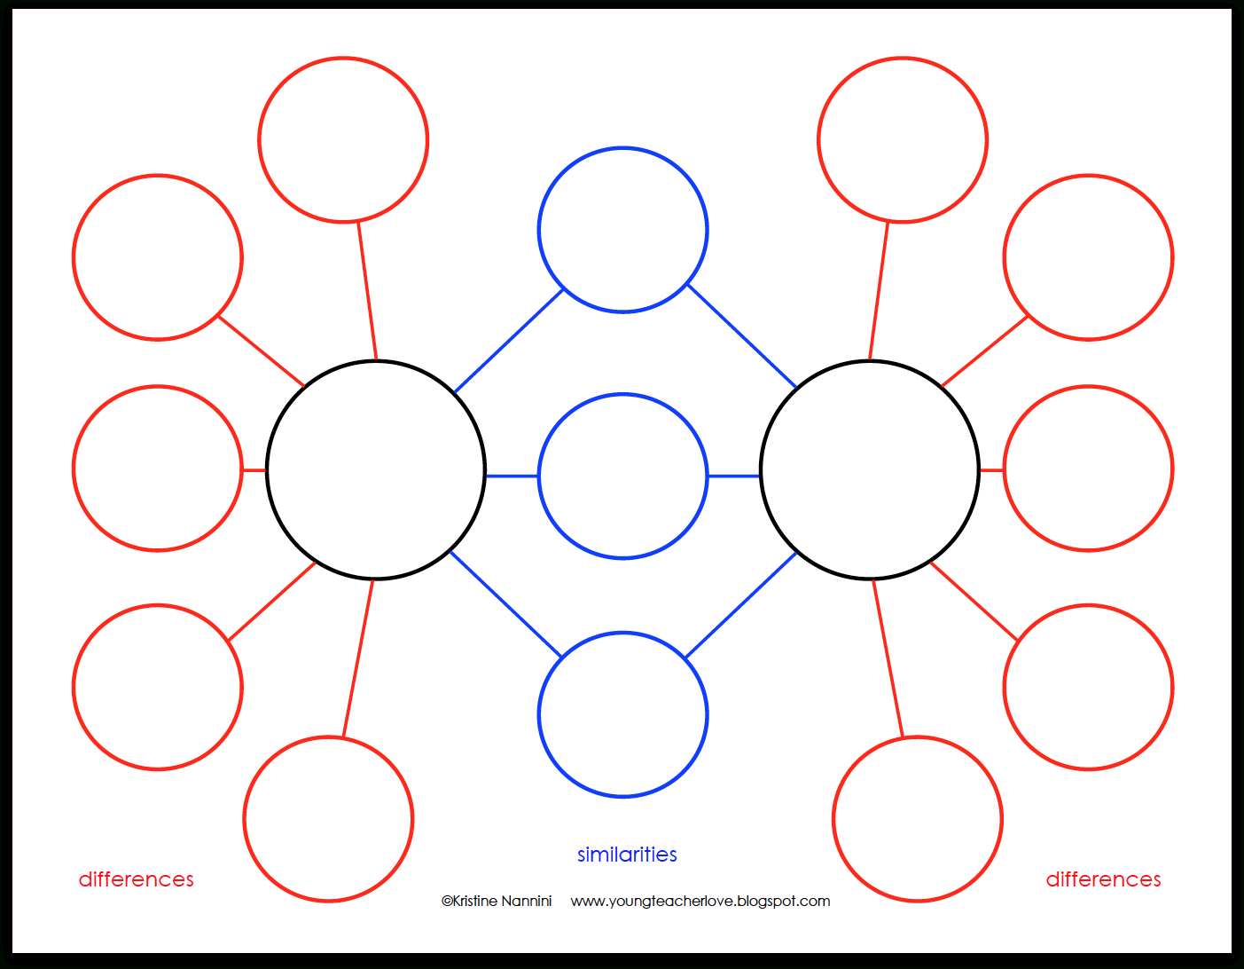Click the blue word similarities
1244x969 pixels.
[627, 855]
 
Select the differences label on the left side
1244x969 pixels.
[137, 879]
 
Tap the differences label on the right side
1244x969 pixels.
[1103, 879]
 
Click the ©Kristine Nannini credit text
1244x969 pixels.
[497, 901]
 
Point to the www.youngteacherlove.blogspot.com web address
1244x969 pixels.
[700, 902]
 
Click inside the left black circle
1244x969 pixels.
[376, 470]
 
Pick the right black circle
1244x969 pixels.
[870, 470]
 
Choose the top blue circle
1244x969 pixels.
[622, 230]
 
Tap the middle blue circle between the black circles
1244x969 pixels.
[622, 476]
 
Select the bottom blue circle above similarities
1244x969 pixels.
[622, 714]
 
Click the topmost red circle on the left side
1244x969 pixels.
[343, 139]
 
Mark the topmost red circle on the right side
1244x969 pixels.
[903, 139]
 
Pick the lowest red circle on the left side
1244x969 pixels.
[328, 819]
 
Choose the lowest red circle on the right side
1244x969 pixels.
[917, 819]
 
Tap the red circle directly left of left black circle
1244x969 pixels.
[158, 469]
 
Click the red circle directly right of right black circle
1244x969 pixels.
[1088, 469]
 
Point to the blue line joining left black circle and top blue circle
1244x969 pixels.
[509, 341]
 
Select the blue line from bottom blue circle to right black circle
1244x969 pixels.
[741, 605]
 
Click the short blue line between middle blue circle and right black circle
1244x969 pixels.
[734, 476]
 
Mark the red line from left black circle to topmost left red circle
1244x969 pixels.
[368, 291]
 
